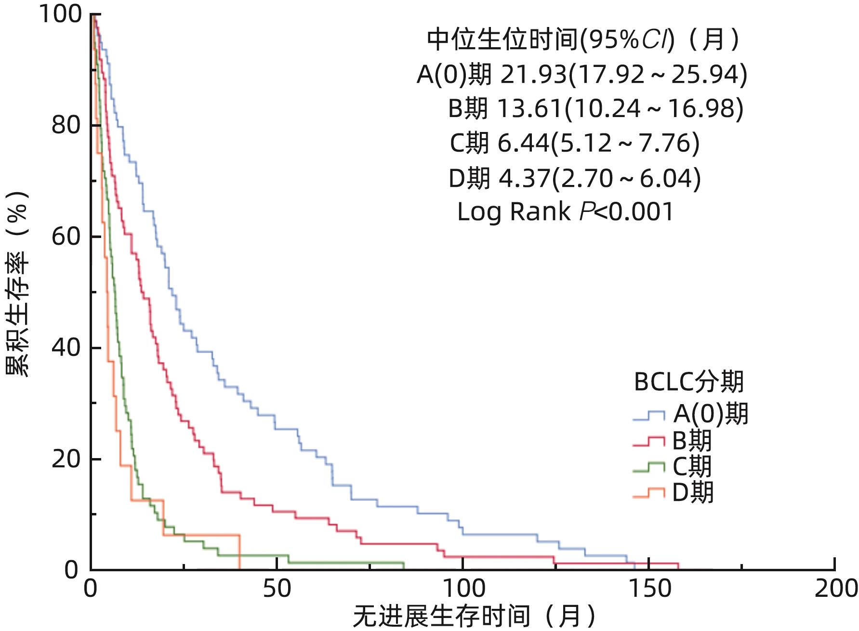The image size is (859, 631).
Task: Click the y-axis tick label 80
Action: pyautogui.click(x=66, y=125)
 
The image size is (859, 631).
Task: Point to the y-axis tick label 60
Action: pyautogui.click(x=66, y=237)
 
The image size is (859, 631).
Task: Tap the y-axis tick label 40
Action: pyautogui.click(x=66, y=347)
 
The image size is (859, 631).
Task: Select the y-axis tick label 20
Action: pyautogui.click(x=66, y=459)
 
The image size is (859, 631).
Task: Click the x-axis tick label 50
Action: pyautogui.click(x=277, y=589)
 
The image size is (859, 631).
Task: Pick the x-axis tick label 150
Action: pyautogui.click(x=648, y=589)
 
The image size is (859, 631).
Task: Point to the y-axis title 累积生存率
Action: pyautogui.click(x=18, y=284)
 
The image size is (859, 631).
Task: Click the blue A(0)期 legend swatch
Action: pyautogui.click(x=648, y=416)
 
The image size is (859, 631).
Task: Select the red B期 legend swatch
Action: pyautogui.click(x=648, y=441)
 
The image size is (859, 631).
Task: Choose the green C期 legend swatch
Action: pyautogui.click(x=648, y=467)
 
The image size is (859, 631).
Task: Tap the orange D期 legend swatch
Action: pyautogui.click(x=648, y=493)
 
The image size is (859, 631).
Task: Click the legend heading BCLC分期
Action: pyautogui.click(x=689, y=382)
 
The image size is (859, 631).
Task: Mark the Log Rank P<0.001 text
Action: pyautogui.click(x=565, y=212)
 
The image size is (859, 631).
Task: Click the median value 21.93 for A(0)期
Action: pyautogui.click(x=533, y=75)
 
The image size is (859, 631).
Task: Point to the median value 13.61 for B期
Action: pyautogui.click(x=529, y=109)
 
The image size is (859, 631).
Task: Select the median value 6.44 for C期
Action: pyautogui.click(x=523, y=143)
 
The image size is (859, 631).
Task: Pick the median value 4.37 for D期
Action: pyautogui.click(x=524, y=178)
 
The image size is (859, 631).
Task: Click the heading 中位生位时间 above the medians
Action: pyautogui.click(x=502, y=39)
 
